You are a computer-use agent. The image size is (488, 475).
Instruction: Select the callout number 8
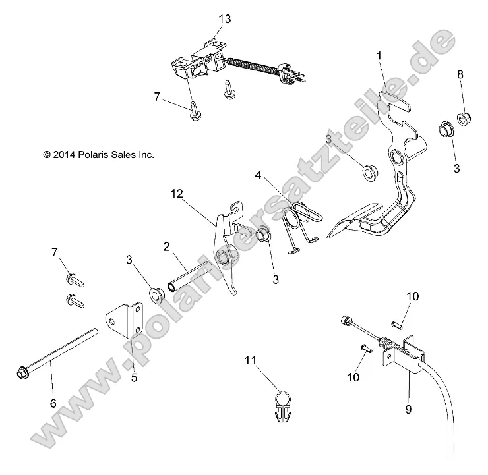click(x=460, y=75)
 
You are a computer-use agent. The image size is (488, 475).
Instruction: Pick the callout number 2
click(x=168, y=247)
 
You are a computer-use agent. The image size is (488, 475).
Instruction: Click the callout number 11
click(x=251, y=360)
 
